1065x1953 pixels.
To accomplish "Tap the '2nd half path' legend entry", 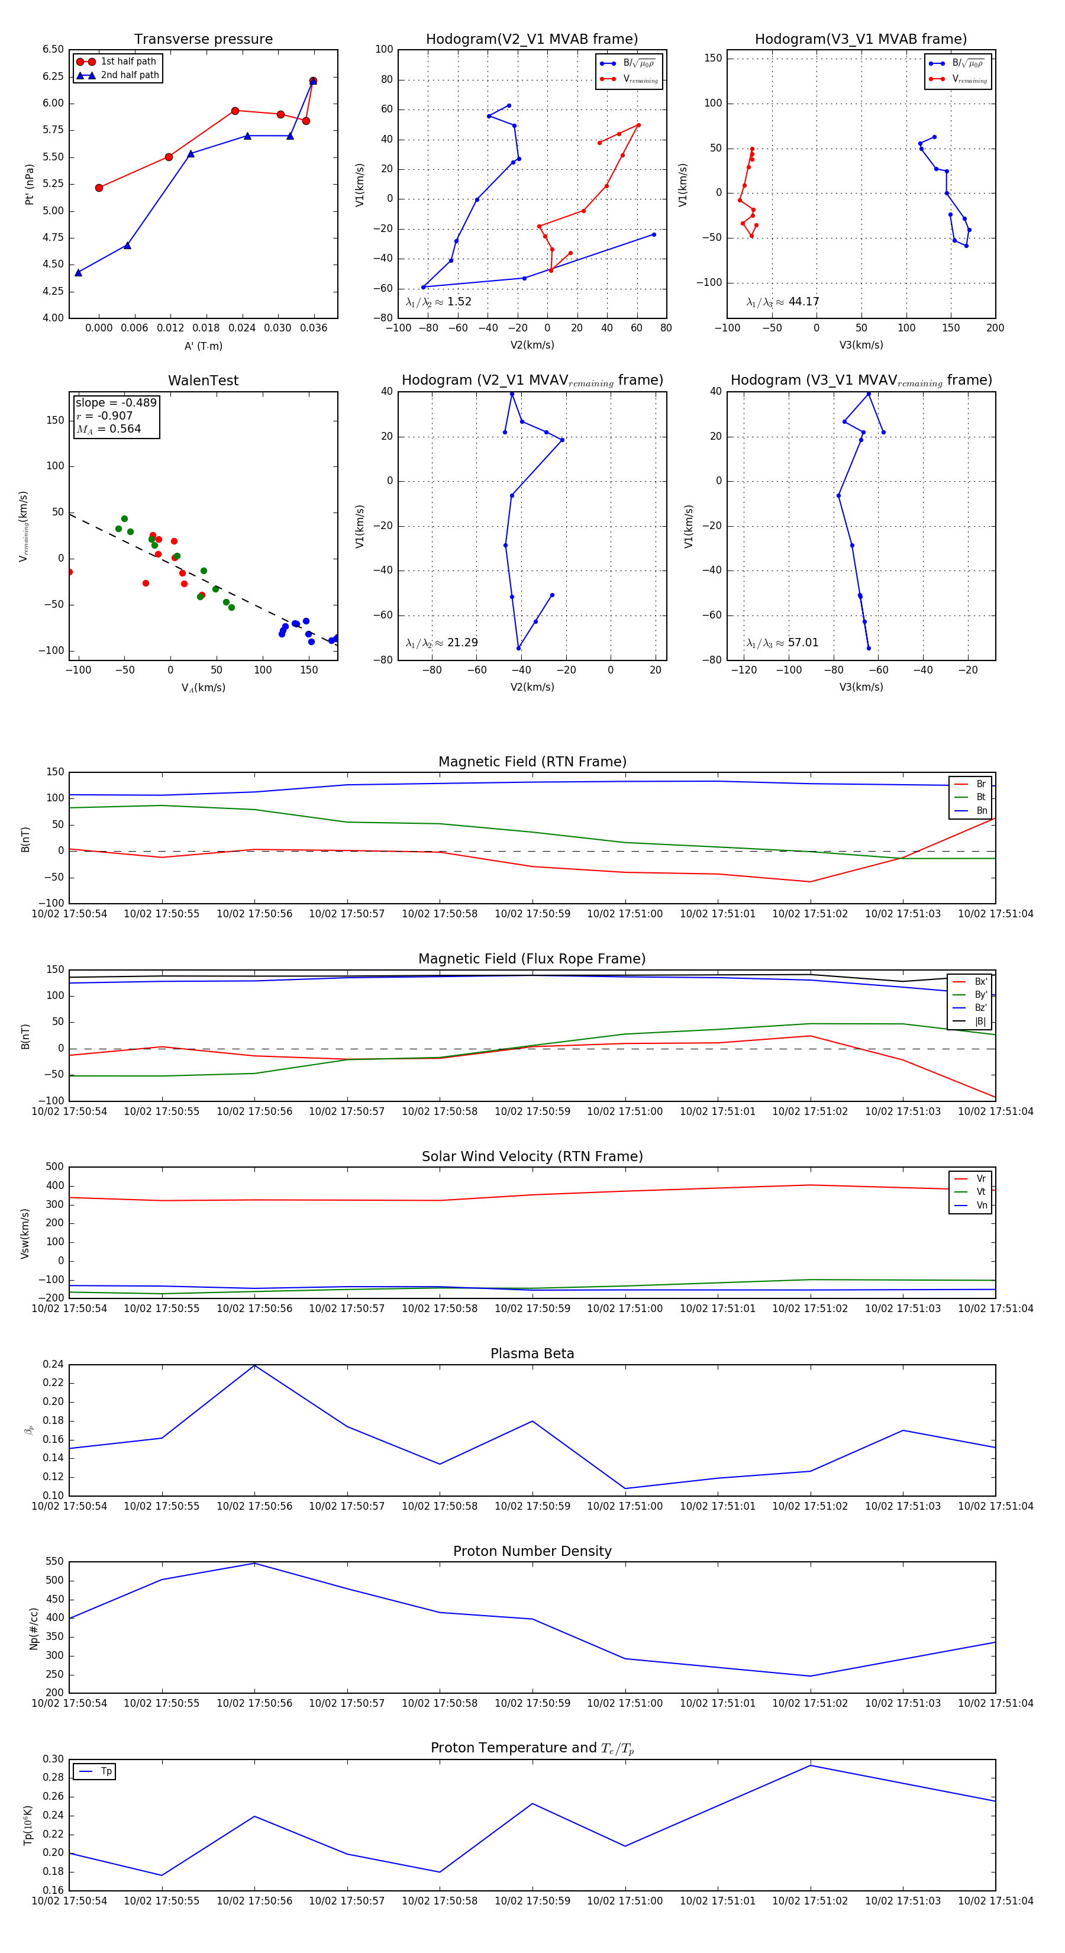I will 130,75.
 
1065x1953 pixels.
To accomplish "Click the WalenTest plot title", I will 203,381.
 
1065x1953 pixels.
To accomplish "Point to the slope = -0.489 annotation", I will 116,402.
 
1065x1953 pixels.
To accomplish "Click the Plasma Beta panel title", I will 532,1354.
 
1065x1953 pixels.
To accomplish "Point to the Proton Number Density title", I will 532,1551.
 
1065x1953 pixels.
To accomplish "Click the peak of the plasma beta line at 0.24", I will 254,1365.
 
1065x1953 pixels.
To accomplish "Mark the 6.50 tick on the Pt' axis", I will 53,49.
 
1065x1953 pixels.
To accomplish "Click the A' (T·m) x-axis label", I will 203,346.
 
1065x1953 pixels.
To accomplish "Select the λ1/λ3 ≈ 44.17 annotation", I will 782,302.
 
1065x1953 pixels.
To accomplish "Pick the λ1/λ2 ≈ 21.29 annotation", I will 441,643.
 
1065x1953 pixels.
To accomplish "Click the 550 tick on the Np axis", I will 54,1562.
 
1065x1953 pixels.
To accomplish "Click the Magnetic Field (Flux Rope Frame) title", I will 532,959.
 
